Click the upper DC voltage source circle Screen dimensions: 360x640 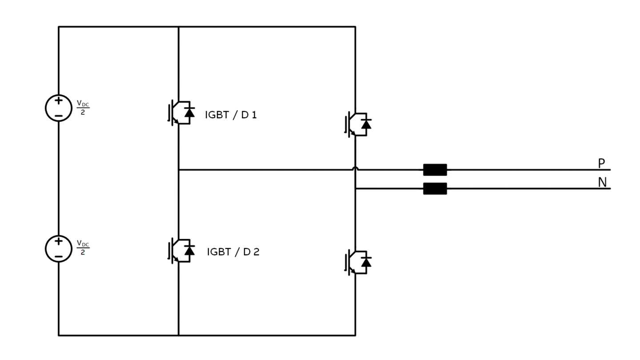point(59,108)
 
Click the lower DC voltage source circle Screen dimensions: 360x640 point(59,249)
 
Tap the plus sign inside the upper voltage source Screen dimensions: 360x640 point(59,101)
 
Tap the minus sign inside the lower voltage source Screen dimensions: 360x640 point(59,256)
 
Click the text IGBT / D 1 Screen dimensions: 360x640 point(231,115)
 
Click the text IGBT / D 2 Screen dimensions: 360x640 point(233,252)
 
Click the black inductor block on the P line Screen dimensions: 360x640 point(435,170)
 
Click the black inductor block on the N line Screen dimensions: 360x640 point(435,189)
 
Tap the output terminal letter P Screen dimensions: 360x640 point(601,164)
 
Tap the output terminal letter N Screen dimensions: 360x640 point(602,182)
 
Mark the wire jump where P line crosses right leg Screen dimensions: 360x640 point(356,169)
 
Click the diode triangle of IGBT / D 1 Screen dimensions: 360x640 point(189,113)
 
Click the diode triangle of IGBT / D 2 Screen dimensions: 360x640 point(189,251)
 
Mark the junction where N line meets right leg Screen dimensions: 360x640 point(356,189)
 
